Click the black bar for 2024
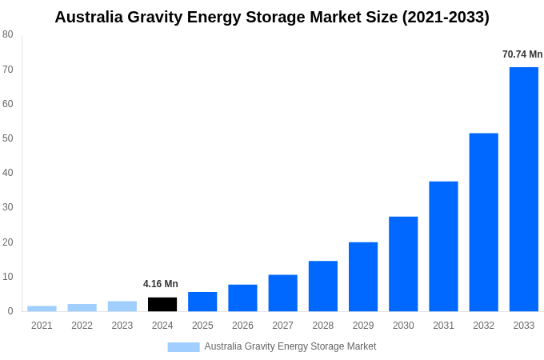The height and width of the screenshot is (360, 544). pyautogui.click(x=162, y=304)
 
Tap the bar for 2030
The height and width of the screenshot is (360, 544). pyautogui.click(x=403, y=264)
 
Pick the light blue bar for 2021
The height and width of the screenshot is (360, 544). pyautogui.click(x=42, y=308)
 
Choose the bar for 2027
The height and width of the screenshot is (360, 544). pyautogui.click(x=282, y=293)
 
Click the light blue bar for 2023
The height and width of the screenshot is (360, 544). pyautogui.click(x=122, y=306)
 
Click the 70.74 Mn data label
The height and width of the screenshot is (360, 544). pyautogui.click(x=522, y=54)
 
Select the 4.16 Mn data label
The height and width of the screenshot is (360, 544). pyautogui.click(x=161, y=284)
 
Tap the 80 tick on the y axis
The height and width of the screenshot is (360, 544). pyautogui.click(x=7, y=34)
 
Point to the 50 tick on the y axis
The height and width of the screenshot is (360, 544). pyautogui.click(x=7, y=138)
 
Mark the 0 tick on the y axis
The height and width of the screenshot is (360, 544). pyautogui.click(x=10, y=311)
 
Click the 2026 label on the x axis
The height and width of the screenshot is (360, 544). pyautogui.click(x=242, y=326)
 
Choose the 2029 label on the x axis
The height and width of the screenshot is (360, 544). pyautogui.click(x=363, y=326)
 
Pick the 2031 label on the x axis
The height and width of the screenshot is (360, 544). pyautogui.click(x=443, y=326)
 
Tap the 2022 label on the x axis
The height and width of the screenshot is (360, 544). pyautogui.click(x=82, y=326)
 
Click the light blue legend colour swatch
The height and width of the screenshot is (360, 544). pyautogui.click(x=183, y=346)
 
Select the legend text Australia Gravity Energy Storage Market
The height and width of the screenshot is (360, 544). pyautogui.click(x=290, y=346)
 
